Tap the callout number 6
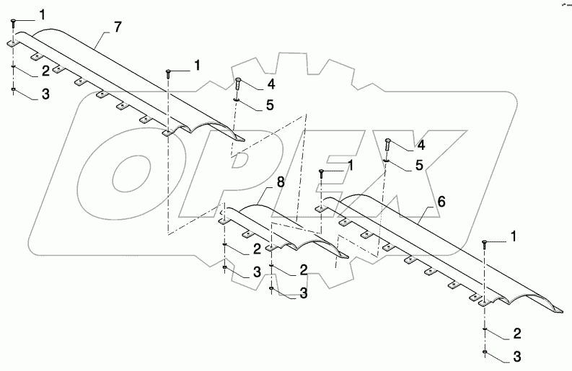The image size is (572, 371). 441,203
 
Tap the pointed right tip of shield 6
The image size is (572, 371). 561,311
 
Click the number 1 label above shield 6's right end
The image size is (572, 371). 514,235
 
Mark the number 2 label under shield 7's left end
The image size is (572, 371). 45,71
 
